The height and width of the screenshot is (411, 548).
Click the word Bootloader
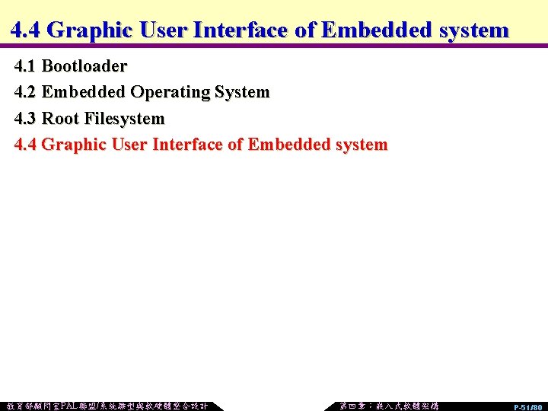84,66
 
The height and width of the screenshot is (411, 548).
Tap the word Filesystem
124,119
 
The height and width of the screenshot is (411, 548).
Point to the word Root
60,119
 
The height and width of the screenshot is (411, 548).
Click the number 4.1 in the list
26,66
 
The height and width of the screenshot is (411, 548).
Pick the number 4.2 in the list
26,93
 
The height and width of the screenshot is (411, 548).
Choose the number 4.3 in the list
26,119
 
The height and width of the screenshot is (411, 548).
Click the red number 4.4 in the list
26,145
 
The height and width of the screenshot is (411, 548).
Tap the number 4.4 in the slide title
27,30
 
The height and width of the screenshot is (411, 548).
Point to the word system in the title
470,30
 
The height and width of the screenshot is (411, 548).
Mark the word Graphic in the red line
74,145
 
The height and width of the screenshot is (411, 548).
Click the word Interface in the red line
188,145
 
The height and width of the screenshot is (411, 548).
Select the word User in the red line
130,145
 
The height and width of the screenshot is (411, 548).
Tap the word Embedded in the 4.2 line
84,93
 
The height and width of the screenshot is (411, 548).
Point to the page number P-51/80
527,407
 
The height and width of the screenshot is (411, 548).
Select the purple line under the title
274,46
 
